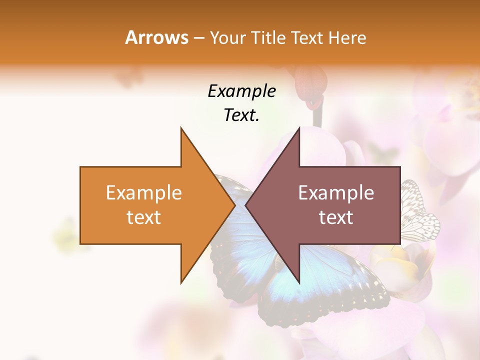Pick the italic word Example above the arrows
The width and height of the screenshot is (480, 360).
point(241,91)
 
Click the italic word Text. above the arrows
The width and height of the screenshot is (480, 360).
point(241,115)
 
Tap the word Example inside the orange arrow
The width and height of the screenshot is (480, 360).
point(143,193)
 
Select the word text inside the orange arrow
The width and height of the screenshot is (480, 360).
point(143,217)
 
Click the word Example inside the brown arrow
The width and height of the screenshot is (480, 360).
point(336,193)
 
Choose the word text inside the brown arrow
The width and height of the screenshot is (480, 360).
point(336,217)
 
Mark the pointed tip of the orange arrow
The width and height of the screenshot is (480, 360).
point(234,205)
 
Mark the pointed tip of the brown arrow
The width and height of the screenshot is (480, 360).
point(246,205)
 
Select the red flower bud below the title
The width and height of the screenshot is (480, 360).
point(310,87)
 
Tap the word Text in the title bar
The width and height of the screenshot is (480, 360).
point(307,38)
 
